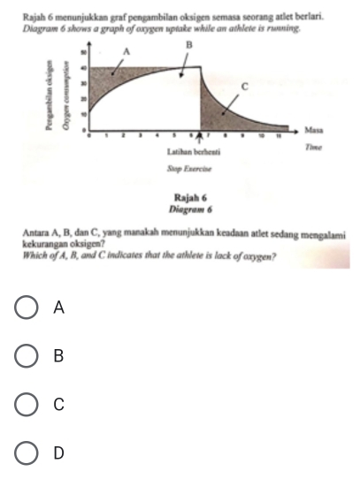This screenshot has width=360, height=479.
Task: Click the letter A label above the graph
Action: click(x=126, y=52)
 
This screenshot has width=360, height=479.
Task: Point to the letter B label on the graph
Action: click(x=188, y=43)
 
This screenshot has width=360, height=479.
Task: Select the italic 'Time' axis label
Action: click(x=311, y=151)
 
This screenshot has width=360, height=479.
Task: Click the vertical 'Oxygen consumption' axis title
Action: click(x=65, y=97)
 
